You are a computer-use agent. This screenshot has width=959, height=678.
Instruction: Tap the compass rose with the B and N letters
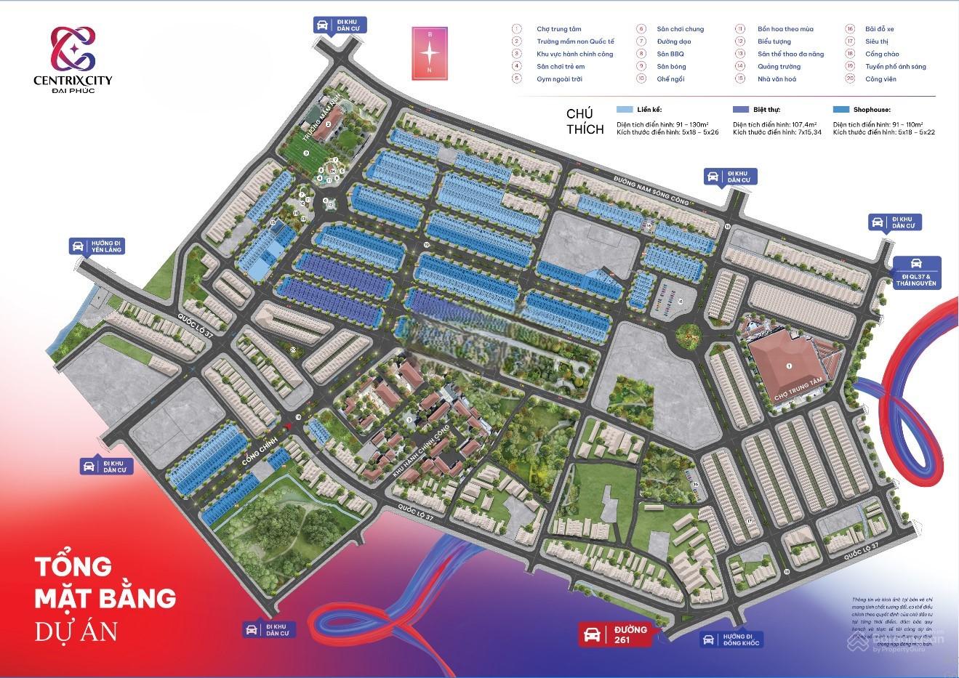[430, 52]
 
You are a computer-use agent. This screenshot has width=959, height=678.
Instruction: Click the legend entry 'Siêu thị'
[876, 41]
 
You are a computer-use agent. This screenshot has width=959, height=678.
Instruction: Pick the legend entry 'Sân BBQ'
[670, 54]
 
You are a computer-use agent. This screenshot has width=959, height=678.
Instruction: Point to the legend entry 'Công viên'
[880, 78]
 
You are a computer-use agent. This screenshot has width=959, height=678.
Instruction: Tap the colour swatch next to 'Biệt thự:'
[741, 110]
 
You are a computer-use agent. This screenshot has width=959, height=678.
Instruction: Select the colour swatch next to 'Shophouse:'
[841, 110]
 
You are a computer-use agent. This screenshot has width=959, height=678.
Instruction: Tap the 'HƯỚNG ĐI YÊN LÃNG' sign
[97, 246]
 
